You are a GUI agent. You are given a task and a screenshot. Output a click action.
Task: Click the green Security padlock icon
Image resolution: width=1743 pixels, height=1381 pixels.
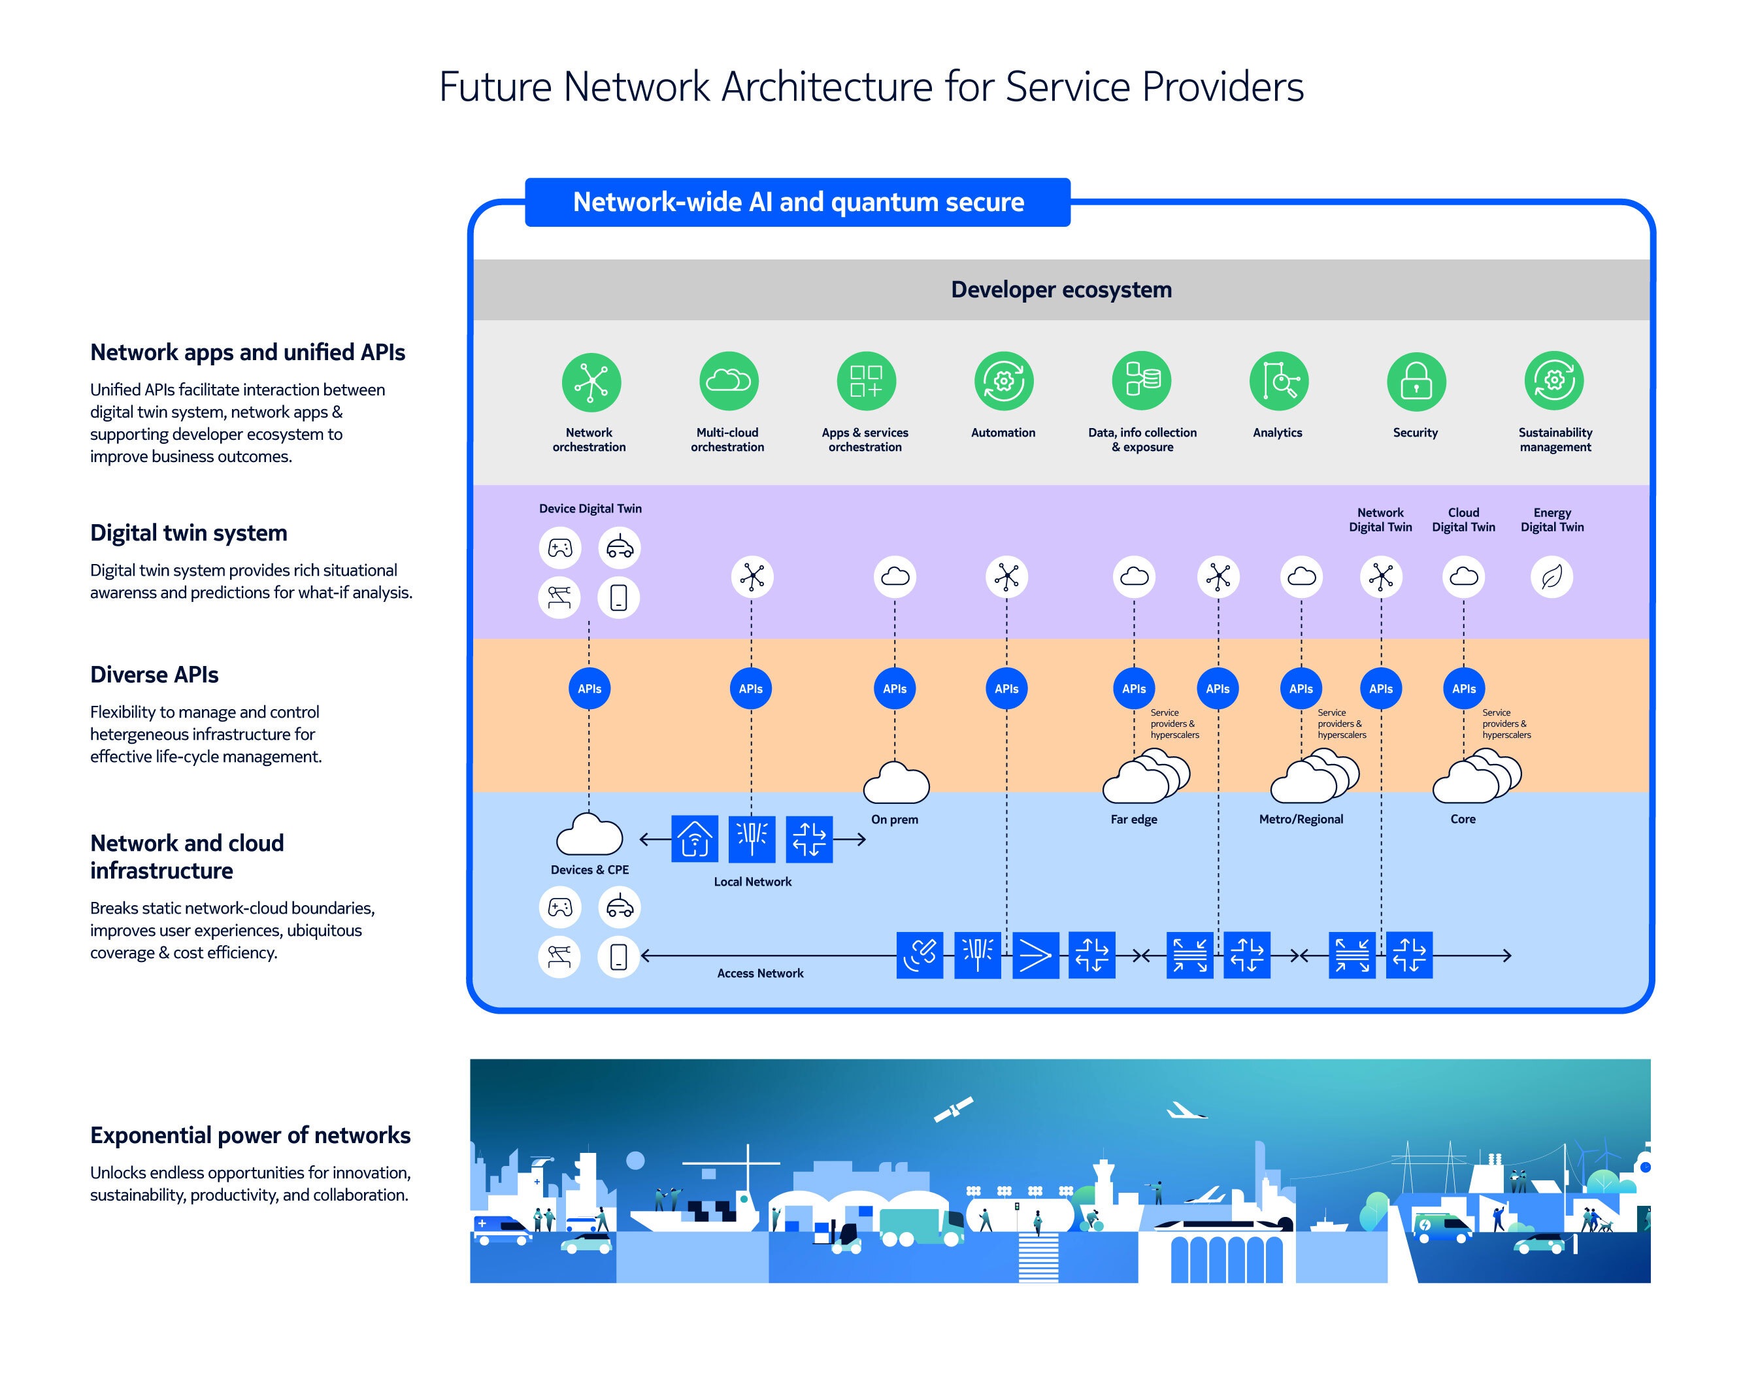click(1416, 382)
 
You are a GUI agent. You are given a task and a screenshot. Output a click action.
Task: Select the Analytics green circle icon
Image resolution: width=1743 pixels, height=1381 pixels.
click(1278, 381)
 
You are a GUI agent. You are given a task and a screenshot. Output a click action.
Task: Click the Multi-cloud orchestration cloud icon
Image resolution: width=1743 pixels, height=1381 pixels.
click(729, 381)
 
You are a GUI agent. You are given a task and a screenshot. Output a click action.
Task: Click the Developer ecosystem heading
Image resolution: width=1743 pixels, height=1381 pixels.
click(1061, 290)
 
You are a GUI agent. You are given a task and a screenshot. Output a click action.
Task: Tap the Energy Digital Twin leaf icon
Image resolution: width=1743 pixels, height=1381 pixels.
click(1552, 577)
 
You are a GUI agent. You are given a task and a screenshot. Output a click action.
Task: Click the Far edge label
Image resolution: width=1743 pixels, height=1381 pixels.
click(1133, 819)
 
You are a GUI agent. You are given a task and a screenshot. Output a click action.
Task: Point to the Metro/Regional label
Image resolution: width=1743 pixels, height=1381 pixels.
click(1301, 819)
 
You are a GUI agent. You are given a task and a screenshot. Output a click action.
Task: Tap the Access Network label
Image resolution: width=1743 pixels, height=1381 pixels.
click(760, 973)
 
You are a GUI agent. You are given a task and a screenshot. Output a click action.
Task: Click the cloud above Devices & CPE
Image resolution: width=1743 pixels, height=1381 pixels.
click(589, 835)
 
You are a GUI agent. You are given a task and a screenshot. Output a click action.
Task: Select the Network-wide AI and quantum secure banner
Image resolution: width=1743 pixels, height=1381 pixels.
click(797, 202)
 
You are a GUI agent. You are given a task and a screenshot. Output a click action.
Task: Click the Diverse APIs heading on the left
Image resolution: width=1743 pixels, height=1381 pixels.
click(154, 674)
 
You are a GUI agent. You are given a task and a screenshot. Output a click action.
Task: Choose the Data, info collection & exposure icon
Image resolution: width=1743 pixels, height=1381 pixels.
click(1142, 381)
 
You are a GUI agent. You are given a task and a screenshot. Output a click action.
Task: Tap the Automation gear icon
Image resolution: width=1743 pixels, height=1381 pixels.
click(1003, 381)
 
